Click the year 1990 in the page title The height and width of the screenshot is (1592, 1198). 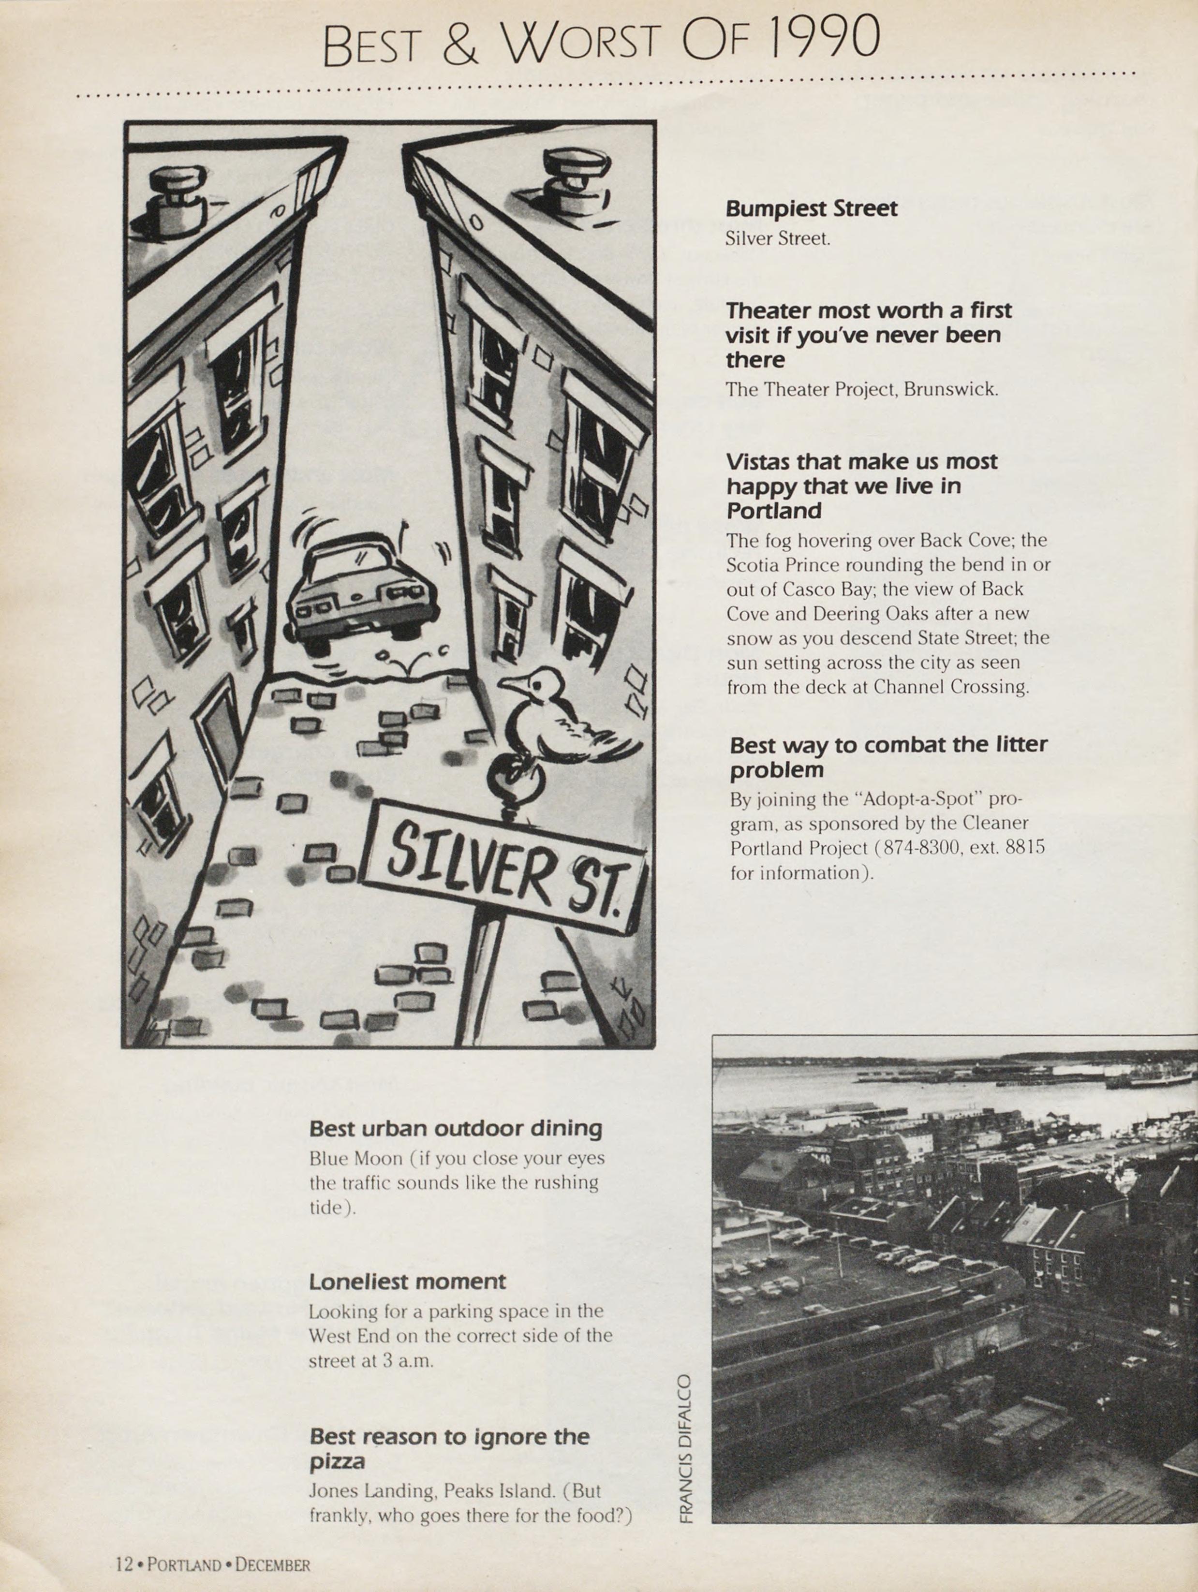point(824,37)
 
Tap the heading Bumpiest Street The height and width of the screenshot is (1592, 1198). point(811,209)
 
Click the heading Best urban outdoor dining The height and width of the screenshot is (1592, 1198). point(455,1128)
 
